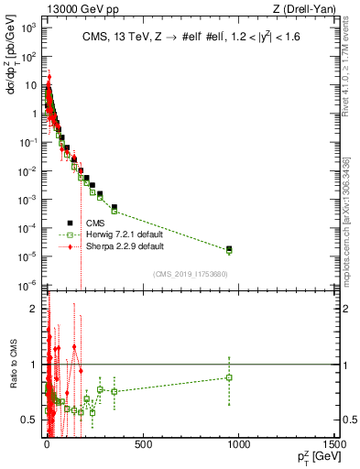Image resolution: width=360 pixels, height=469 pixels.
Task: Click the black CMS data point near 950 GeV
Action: [229, 248]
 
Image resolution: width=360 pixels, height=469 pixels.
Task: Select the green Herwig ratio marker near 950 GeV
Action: [229, 377]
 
